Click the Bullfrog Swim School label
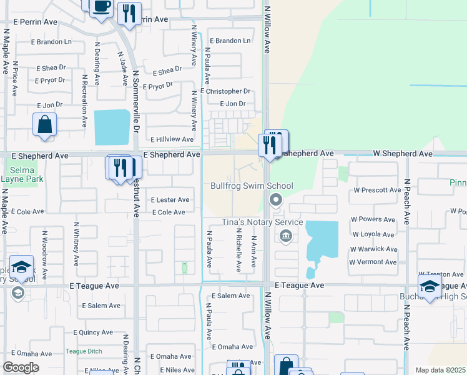point(252,186)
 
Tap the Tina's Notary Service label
point(263,222)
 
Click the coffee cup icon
point(101,7)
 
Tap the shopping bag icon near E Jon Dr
point(45,124)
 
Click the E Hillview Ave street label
point(172,139)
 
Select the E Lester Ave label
point(170,200)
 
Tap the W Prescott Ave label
point(377,189)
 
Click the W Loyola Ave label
point(373,234)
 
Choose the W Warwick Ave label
point(374,249)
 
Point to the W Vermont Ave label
point(373,262)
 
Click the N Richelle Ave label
point(238,250)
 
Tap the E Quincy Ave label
point(96,332)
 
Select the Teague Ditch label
point(84,351)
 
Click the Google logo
point(21,367)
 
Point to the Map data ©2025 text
point(440,370)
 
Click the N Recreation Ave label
point(84,102)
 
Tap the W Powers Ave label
point(374,219)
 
